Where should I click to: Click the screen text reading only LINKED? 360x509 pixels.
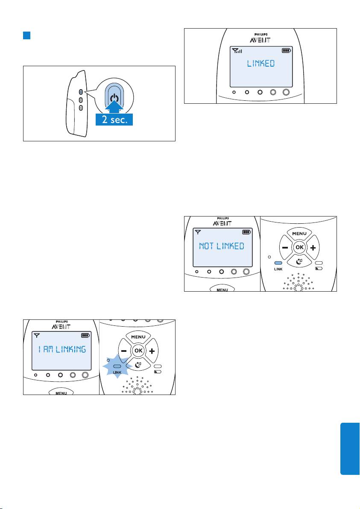pyautogui.click(x=260, y=64)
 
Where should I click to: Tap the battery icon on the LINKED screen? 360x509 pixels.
pyautogui.click(x=286, y=50)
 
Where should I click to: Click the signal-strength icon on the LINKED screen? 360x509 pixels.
pyautogui.click(x=237, y=50)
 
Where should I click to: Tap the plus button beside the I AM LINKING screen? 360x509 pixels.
pyautogui.click(x=152, y=351)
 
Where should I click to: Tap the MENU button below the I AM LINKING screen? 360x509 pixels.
pyautogui.click(x=61, y=392)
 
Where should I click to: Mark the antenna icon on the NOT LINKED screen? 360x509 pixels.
pyautogui.click(x=196, y=232)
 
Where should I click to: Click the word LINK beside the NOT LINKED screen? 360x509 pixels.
pyautogui.click(x=278, y=270)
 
